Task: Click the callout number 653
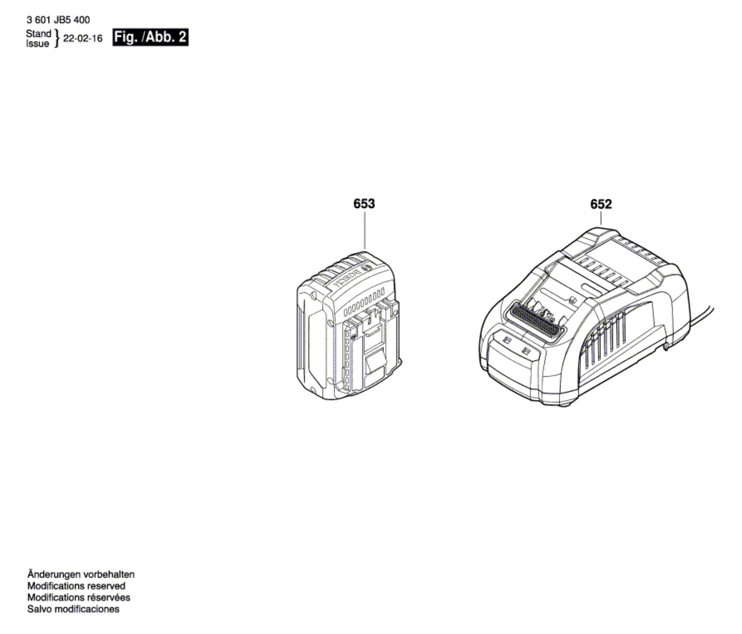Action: [364, 204]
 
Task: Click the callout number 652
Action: [601, 204]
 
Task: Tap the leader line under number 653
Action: [364, 230]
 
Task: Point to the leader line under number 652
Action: [601, 219]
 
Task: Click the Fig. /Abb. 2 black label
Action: [150, 37]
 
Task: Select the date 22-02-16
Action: [82, 39]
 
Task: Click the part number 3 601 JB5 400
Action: [58, 20]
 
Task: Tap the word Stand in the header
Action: [38, 34]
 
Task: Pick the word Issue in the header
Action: [38, 44]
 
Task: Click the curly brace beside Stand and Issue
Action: [57, 39]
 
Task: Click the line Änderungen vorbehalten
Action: [81, 575]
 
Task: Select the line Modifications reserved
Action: [76, 586]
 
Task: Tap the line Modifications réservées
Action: [78, 597]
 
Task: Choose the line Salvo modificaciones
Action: [73, 609]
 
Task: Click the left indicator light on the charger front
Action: [508, 341]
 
